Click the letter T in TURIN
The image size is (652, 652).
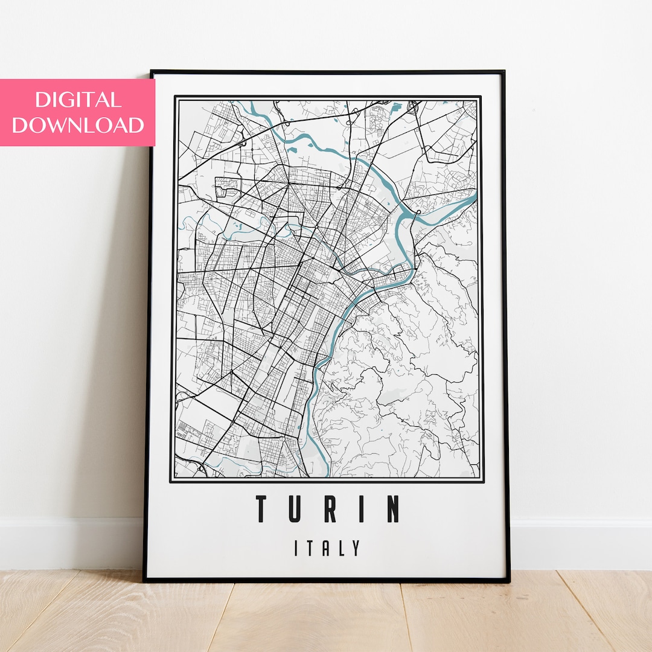tap(262, 509)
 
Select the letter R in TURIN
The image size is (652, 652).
tap(330, 509)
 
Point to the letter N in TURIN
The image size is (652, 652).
tap(393, 509)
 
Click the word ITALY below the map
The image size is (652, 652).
tap(328, 548)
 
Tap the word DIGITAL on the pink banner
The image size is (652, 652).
tap(77, 100)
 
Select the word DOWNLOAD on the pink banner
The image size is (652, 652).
tap(77, 125)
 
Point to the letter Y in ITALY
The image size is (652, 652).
tap(357, 548)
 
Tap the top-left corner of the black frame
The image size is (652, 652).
tap(151, 72)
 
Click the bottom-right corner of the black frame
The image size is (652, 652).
tap(509, 581)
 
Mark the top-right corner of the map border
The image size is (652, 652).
tap(481, 96)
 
